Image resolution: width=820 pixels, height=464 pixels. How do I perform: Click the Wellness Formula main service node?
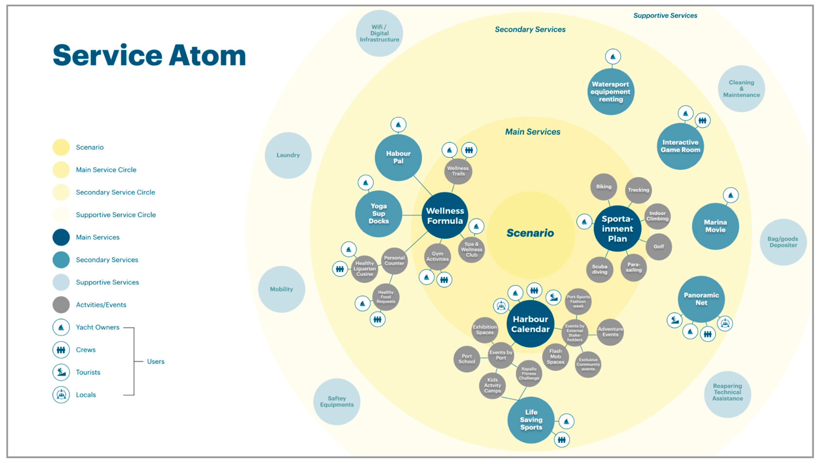coord(445,216)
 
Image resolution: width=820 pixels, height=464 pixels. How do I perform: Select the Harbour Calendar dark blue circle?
coord(530,324)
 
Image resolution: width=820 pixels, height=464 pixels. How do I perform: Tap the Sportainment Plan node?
coord(617,228)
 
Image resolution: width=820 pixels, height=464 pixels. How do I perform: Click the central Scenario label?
coord(530,233)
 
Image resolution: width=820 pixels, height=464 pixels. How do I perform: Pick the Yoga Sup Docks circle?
coord(378,214)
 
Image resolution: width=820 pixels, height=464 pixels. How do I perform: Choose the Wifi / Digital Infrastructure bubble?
coord(379,33)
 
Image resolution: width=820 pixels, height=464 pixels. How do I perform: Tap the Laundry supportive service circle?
coord(288,155)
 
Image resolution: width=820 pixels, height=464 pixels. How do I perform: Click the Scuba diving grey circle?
coord(600,269)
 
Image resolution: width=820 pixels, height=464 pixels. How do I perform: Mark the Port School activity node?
coord(466,359)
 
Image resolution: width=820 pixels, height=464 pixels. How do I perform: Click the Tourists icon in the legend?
coord(61,372)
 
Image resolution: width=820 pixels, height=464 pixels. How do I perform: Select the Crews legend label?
coord(85,350)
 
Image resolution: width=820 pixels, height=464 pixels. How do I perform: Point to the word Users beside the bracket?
coord(155,361)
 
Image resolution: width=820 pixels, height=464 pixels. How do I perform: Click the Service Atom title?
coord(149,56)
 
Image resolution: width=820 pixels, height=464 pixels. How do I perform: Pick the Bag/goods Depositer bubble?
coord(783,242)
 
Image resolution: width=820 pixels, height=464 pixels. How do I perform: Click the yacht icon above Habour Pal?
coord(398,125)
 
